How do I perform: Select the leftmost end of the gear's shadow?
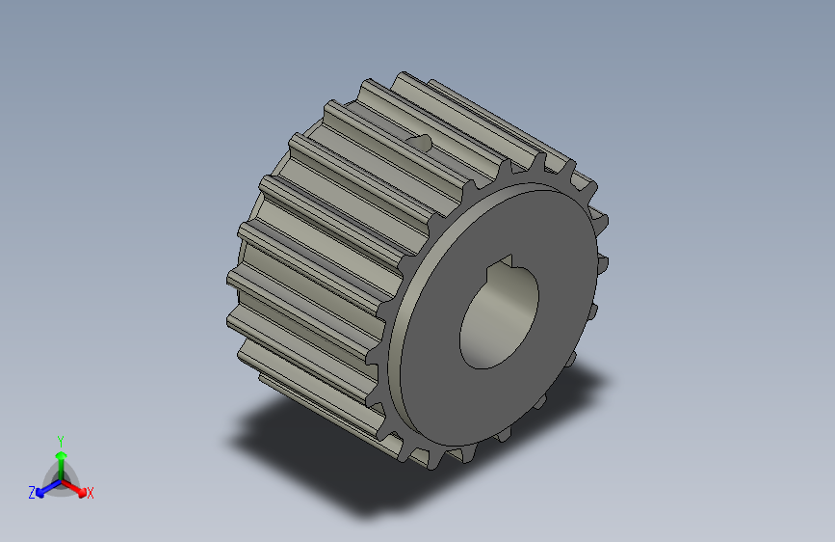[x=233, y=444]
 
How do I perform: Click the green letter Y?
[x=60, y=439]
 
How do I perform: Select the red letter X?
[x=91, y=494]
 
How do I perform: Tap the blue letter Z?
[x=32, y=493]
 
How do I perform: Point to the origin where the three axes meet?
[x=61, y=479]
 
